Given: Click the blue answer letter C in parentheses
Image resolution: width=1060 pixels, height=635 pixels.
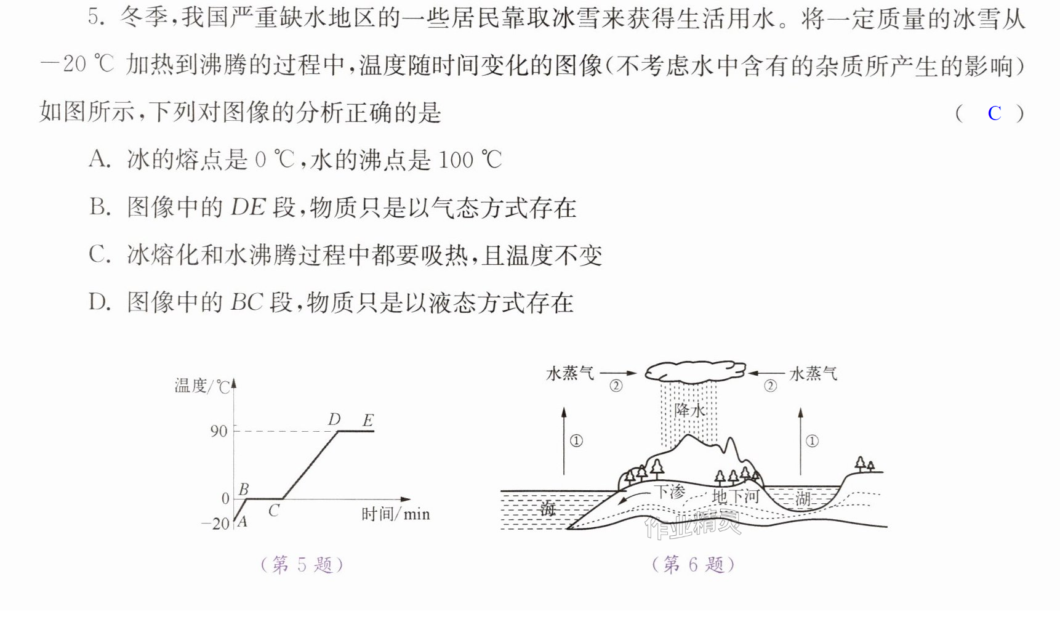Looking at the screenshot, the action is [x=994, y=113].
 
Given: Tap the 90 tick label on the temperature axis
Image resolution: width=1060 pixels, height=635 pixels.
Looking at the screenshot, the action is [x=219, y=431].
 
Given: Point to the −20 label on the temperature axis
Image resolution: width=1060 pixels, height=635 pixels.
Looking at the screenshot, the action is [x=215, y=524].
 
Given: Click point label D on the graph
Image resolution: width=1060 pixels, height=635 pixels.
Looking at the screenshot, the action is [x=334, y=419].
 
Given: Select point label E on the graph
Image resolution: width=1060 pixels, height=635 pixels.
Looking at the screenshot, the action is [x=367, y=421].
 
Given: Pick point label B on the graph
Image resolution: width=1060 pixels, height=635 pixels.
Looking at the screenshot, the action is [x=244, y=489].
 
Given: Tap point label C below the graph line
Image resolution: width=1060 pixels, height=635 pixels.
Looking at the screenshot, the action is [x=274, y=511].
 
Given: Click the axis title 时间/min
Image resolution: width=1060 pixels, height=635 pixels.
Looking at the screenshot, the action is [x=395, y=514].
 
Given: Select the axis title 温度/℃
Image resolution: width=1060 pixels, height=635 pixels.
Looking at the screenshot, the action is [x=202, y=386].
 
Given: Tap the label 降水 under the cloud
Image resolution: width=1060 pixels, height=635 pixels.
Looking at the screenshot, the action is [x=689, y=410].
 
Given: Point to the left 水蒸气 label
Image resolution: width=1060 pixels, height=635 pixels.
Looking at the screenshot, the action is [x=570, y=373].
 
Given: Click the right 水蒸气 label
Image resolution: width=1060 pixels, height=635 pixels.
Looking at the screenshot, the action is [x=813, y=374].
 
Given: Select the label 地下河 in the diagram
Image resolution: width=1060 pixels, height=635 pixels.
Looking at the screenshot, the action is [x=736, y=496].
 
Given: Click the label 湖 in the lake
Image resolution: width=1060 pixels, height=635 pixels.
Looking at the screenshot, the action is [x=803, y=498].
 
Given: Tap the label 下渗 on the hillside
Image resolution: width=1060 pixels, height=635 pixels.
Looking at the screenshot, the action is [x=669, y=491].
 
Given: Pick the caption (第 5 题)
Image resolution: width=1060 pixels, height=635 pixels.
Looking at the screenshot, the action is [x=302, y=565].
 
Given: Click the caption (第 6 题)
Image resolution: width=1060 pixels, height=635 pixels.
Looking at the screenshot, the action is [x=693, y=565].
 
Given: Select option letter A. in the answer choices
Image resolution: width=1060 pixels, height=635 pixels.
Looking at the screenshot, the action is [x=100, y=160].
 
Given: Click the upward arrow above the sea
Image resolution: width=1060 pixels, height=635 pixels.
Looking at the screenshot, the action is [x=564, y=440].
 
